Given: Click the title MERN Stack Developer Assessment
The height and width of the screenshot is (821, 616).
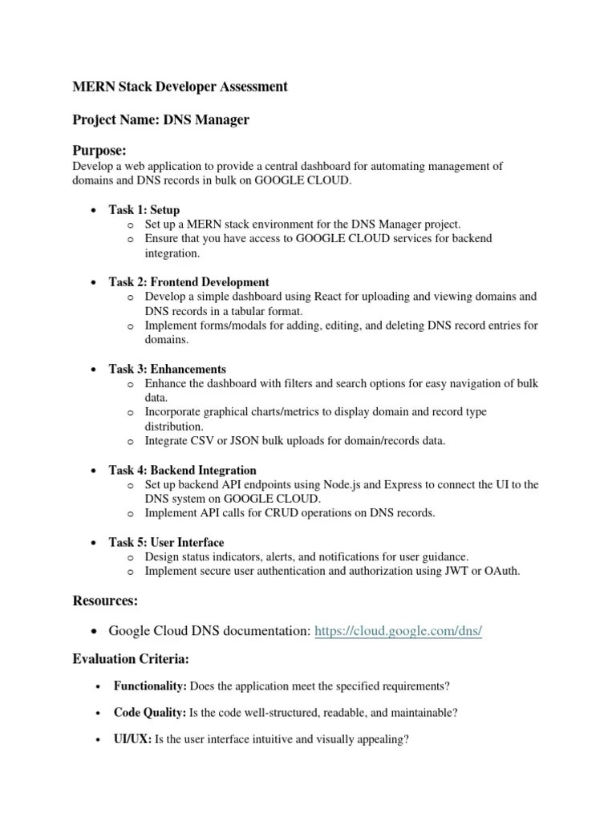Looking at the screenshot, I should [180, 87].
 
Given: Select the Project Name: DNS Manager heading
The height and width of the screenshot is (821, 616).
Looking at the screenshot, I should [160, 119].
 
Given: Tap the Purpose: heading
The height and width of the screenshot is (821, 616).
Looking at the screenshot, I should [100, 151].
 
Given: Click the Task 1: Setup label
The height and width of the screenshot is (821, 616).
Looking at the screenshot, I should [144, 210].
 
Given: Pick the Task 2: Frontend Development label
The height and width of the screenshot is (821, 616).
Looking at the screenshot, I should [188, 282].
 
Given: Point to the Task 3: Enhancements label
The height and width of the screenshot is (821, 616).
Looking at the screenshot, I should [167, 369].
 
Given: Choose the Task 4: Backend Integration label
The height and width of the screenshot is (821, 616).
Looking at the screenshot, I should [182, 470].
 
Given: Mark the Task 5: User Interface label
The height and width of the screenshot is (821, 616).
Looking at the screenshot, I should [166, 542].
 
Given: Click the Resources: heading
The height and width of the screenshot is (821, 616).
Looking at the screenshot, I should [106, 600].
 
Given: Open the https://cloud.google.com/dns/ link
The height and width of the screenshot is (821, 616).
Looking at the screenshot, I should [399, 631].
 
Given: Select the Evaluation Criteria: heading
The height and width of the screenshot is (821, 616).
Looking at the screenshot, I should [131, 658].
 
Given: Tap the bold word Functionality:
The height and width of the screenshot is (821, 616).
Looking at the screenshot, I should [150, 686].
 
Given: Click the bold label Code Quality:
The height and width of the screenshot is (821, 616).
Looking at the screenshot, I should [150, 712].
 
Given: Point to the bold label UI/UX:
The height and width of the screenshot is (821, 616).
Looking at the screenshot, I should [132, 738].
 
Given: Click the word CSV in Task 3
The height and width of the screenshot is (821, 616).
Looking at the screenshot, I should [205, 441].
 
